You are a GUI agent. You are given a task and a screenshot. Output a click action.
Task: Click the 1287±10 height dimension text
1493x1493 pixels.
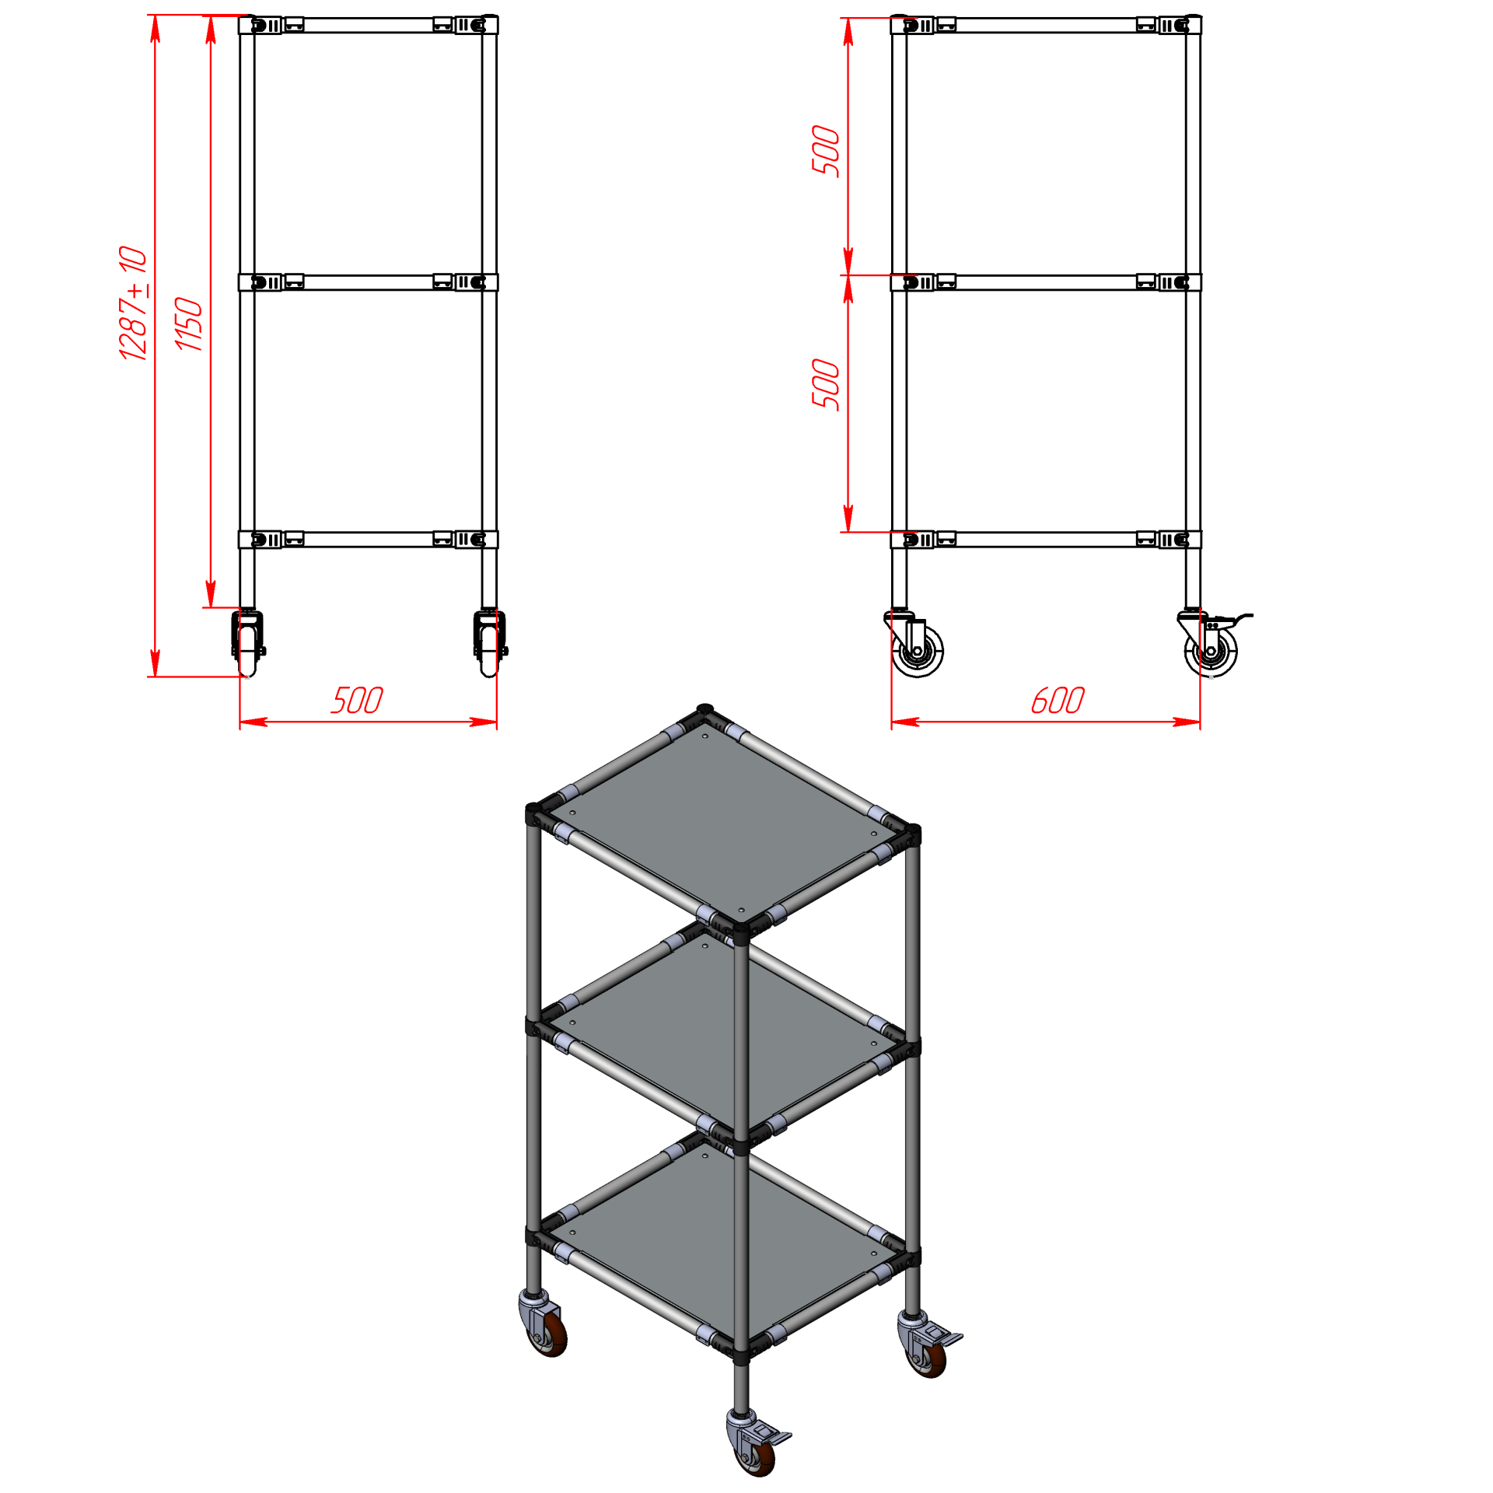(x=133, y=303)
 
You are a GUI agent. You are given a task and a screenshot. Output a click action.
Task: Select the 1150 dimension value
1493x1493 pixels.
(x=188, y=323)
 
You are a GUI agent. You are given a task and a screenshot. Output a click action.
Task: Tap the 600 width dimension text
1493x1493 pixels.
(x=1058, y=700)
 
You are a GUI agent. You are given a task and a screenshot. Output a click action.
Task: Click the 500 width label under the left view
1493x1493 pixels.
(x=357, y=700)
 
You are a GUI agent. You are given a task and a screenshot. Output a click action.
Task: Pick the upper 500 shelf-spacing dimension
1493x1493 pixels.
(x=826, y=150)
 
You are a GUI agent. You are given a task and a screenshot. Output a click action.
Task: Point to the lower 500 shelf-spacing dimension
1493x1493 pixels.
(x=826, y=384)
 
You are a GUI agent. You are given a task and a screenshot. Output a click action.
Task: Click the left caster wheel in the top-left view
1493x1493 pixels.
(x=248, y=643)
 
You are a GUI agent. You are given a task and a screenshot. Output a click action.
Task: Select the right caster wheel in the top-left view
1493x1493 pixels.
(x=491, y=643)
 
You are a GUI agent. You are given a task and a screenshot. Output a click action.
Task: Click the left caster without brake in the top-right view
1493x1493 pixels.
(x=915, y=645)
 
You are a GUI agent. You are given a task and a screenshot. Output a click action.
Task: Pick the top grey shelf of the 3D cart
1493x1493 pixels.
(x=723, y=822)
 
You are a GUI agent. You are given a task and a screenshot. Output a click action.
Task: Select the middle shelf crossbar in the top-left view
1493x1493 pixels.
(x=368, y=281)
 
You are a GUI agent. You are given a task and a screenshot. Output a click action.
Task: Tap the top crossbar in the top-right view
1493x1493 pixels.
(x=1046, y=25)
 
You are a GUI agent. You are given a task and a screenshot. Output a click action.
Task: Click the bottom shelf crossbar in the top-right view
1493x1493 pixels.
(x=1046, y=539)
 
